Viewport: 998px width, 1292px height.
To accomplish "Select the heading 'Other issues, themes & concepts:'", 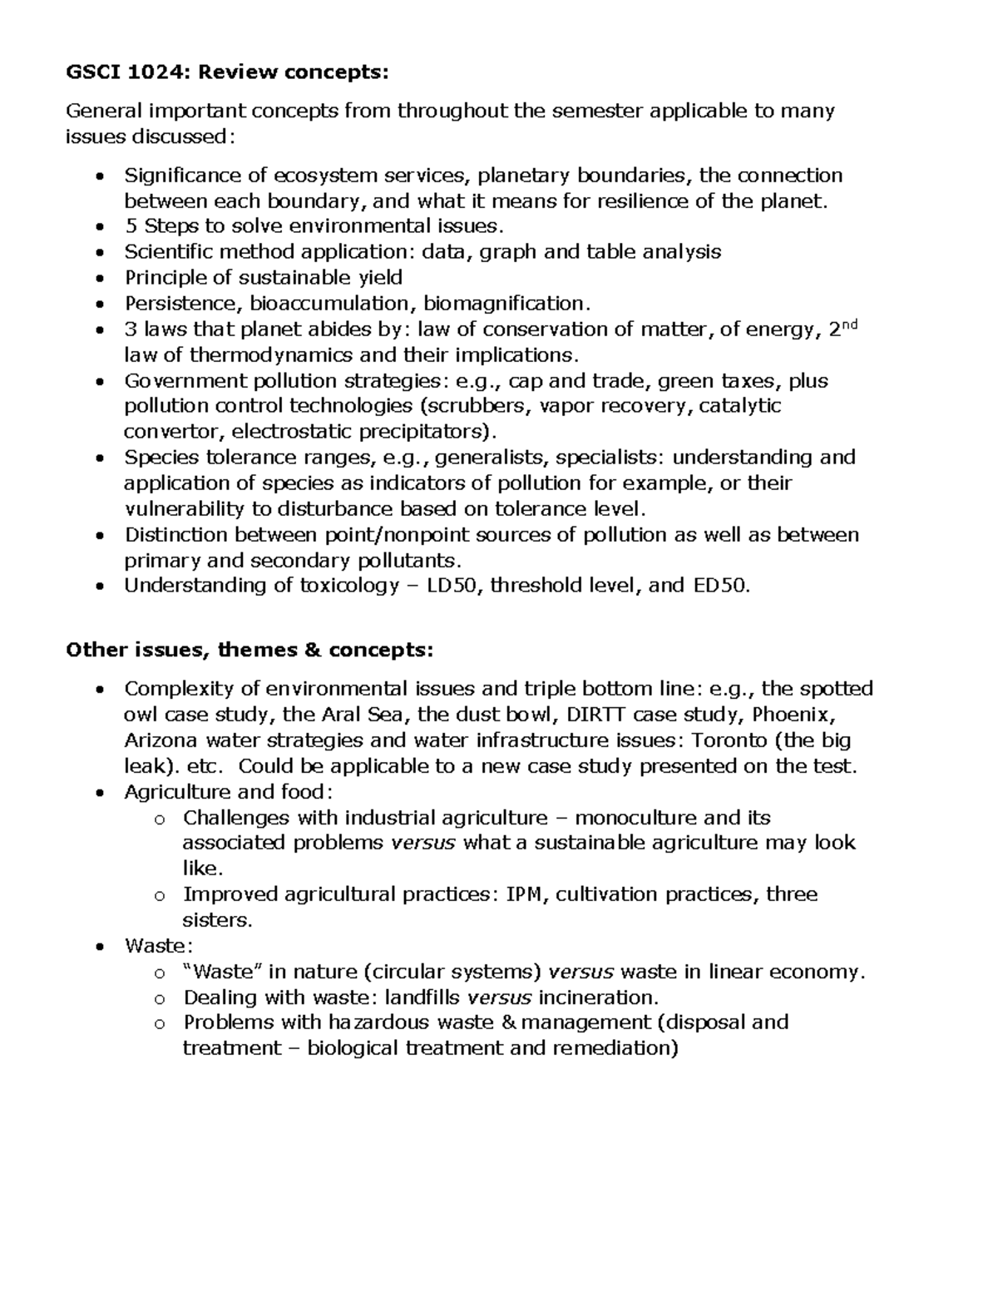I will [x=249, y=649].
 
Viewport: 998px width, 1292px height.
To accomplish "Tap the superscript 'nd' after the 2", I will [x=849, y=324].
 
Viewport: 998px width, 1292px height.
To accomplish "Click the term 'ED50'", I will [x=720, y=586].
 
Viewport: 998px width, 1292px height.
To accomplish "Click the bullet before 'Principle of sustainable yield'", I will [x=100, y=279].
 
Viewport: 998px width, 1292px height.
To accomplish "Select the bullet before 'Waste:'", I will [x=100, y=947].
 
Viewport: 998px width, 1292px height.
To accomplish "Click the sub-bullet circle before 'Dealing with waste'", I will [x=160, y=998].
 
